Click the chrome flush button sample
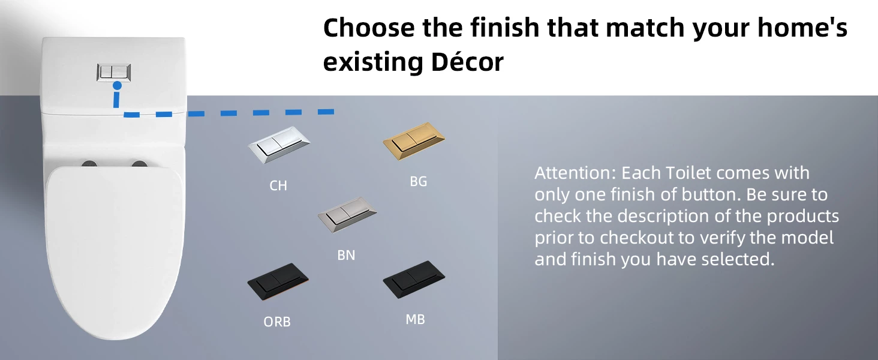(279, 145)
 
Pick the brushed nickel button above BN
(347, 215)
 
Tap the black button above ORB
(278, 281)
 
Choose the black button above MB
(414, 279)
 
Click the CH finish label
(278, 185)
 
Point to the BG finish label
(418, 181)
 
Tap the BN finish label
(346, 255)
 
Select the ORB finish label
(277, 322)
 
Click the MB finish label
(415, 320)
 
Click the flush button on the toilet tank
(114, 72)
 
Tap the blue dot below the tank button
(117, 85)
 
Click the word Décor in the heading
(467, 62)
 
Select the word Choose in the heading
(369, 28)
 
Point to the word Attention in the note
(575, 173)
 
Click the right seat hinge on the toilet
(140, 164)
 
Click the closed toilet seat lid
(115, 251)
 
